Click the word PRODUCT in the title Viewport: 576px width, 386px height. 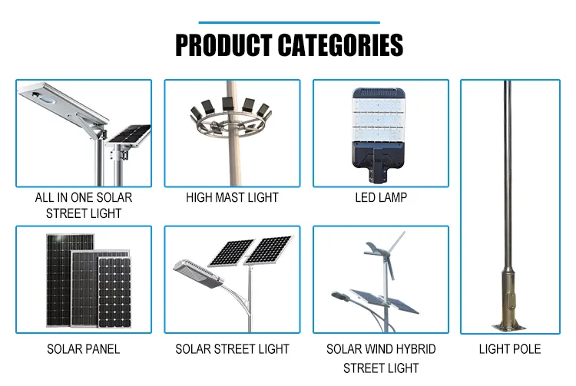pyautogui.click(x=223, y=46)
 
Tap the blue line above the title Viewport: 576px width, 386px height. pyautogui.click(x=288, y=22)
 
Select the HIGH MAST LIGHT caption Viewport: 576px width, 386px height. pyautogui.click(x=232, y=198)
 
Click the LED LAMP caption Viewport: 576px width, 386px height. pyautogui.click(x=381, y=198)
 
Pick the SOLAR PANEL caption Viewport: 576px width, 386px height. pyautogui.click(x=84, y=349)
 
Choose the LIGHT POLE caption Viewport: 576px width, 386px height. pyautogui.click(x=510, y=349)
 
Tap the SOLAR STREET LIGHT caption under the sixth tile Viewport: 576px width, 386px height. pyautogui.click(x=232, y=349)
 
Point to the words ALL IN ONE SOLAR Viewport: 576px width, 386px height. pyautogui.click(x=84, y=198)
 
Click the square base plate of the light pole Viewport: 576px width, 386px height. pyautogui.click(x=509, y=325)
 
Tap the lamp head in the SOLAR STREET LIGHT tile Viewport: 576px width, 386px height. pyautogui.click(x=192, y=270)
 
